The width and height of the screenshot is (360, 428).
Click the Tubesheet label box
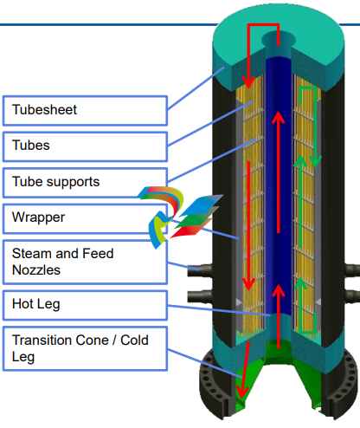pos(85,111)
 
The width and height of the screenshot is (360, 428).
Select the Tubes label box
pos(85,146)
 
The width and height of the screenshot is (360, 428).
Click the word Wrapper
pos(38,217)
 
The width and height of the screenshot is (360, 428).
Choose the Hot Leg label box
pos(85,305)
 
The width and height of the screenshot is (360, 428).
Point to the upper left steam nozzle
pos(200,271)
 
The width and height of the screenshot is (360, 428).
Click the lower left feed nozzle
pos(200,296)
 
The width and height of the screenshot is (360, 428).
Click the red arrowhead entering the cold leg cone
pos(241,393)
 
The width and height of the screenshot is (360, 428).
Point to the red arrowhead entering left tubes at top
pos(248,82)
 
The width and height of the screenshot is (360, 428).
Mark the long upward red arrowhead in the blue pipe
pos(279,118)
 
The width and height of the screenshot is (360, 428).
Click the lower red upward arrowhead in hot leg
pos(279,290)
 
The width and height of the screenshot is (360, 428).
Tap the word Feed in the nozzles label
pos(98,253)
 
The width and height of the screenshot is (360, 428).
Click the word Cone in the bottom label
pos(93,340)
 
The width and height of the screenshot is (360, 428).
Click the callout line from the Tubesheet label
pos(196,88)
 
